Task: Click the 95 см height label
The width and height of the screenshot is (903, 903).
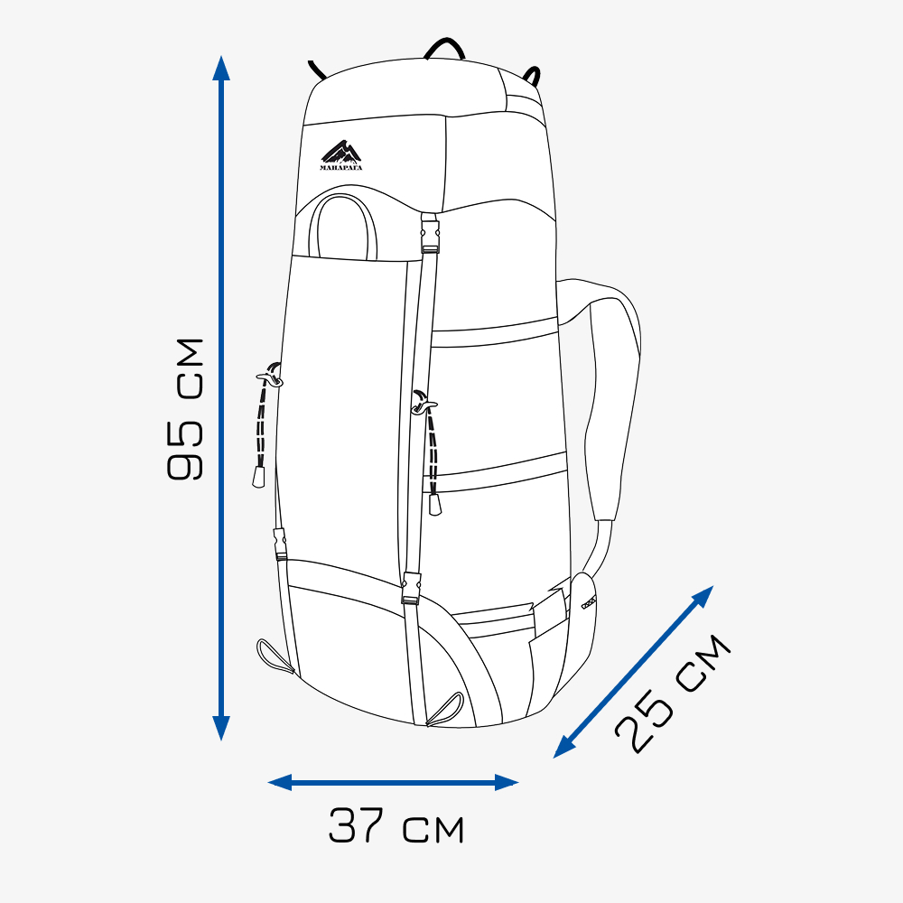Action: point(185,409)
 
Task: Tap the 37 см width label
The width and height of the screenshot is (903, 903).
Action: point(396,826)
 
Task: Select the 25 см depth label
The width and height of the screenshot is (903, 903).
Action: point(673,694)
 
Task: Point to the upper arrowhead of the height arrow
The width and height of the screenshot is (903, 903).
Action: point(221,68)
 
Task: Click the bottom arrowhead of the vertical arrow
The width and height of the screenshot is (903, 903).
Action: point(221,728)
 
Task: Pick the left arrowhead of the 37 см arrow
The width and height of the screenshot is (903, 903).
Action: point(280,782)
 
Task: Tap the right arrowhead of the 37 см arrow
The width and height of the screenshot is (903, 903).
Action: point(507,782)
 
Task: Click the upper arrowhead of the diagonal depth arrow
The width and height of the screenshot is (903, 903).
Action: point(703,595)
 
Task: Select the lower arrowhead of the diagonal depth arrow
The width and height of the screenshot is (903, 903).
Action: point(563,748)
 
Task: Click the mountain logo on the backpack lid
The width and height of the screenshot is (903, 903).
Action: point(341,155)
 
